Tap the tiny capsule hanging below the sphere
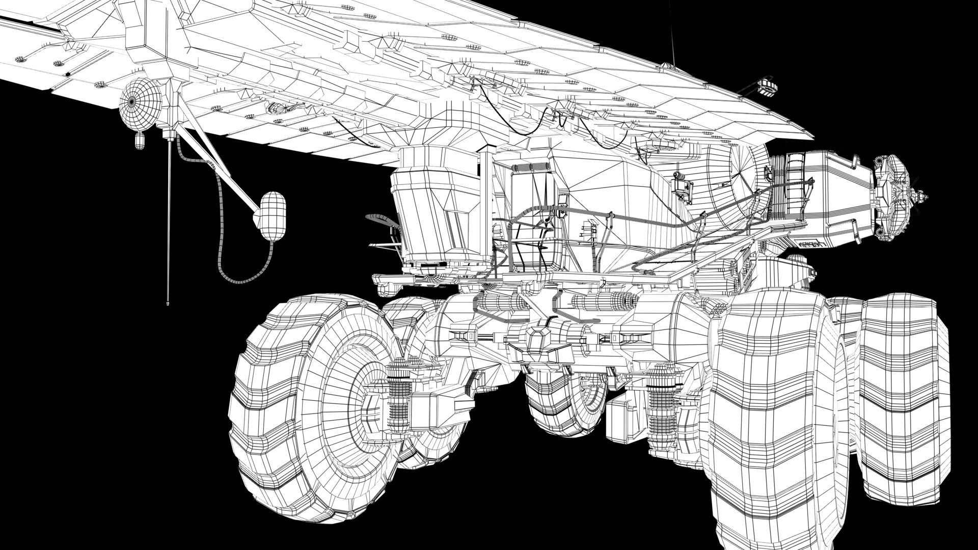139,140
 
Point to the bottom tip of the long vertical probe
168,304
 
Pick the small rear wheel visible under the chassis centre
565,402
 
